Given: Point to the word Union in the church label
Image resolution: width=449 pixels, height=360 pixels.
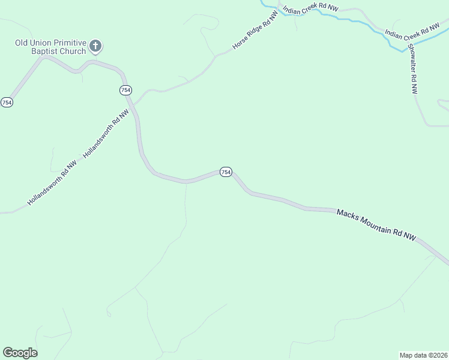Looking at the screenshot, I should [37, 43].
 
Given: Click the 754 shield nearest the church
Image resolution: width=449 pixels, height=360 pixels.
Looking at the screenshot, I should [125, 90].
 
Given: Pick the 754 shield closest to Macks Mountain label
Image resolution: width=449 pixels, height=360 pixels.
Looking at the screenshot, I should [225, 172].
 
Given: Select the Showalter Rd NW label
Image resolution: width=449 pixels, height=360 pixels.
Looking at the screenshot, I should [412, 68].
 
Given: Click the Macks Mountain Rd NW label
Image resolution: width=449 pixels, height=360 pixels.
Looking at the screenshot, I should [376, 225].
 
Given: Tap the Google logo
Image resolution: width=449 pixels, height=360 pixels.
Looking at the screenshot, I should [20, 353].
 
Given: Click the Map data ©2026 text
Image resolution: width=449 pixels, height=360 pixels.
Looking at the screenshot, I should [423, 355].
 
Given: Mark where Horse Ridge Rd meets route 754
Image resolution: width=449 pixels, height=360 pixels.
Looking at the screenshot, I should [134, 103].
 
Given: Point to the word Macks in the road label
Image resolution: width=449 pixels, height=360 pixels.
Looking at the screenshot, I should [347, 214].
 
